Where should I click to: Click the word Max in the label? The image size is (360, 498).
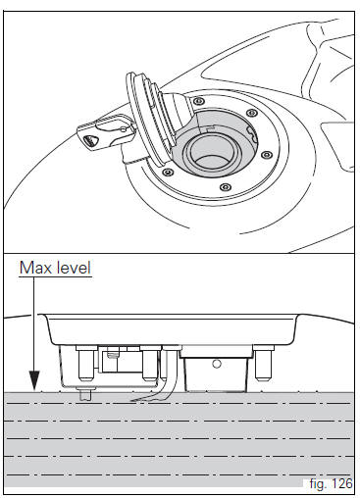coord(35,268)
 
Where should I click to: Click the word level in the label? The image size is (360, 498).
coord(74,268)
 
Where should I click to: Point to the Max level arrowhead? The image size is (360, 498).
coord(34,381)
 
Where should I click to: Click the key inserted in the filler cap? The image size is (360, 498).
coord(106,134)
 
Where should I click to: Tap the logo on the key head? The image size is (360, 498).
coord(88,141)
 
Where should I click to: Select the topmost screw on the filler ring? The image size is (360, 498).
coord(198,101)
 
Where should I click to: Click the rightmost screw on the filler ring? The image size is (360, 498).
coord(267,155)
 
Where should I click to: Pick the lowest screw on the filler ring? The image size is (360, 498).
coord(225,187)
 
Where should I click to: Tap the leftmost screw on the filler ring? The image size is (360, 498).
coord(168,172)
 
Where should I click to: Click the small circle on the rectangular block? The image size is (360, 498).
coord(217,364)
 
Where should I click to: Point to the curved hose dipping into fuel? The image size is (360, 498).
coord(164,375)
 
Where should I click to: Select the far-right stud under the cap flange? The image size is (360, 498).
coord(264,364)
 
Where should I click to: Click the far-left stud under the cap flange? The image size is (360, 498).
coord(86,363)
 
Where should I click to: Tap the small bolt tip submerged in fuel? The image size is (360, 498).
coord(85,394)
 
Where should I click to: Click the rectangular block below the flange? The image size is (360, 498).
coord(216,371)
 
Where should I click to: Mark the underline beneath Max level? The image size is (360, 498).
coord(55,277)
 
